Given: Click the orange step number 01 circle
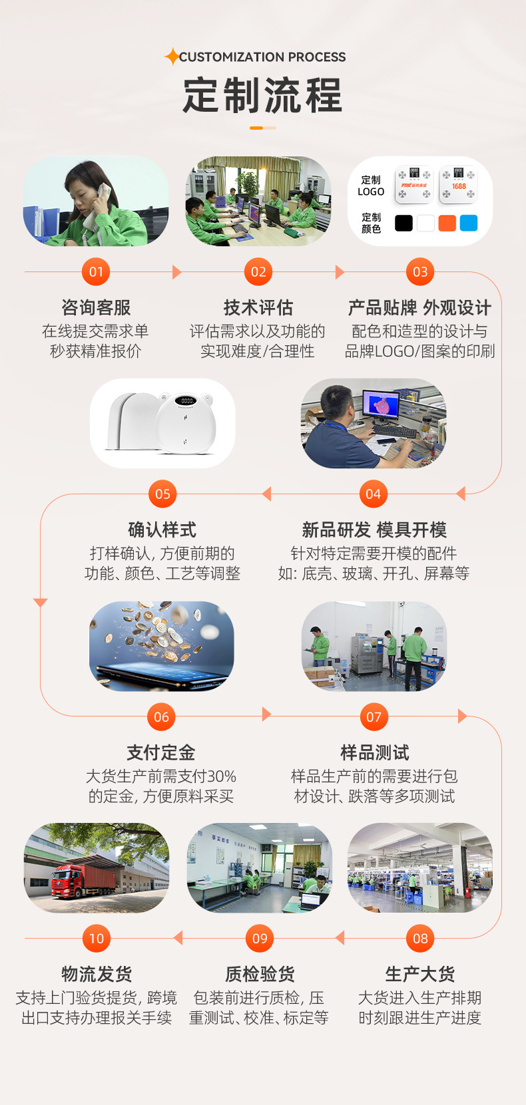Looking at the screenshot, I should (x=97, y=271).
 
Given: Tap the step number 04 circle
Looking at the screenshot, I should (x=374, y=494).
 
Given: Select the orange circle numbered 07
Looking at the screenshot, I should (x=374, y=716).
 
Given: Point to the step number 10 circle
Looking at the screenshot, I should (x=97, y=938).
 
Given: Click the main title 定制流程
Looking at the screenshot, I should (x=262, y=95).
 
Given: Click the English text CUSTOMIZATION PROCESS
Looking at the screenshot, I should (x=262, y=57).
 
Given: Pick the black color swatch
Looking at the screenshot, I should (x=403, y=223).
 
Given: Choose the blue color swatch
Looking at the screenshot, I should (x=469, y=223).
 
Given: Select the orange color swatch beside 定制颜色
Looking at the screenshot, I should (x=447, y=223).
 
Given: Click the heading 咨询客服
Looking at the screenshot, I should (x=96, y=307).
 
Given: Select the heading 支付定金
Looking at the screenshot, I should (x=161, y=752).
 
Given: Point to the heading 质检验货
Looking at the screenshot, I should (x=260, y=974).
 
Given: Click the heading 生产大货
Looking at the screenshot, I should (x=420, y=974).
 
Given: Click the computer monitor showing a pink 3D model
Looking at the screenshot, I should (x=381, y=405).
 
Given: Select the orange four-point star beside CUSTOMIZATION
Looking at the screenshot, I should (x=172, y=57).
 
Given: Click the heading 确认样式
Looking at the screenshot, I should (x=162, y=530).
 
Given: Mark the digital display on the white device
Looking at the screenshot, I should (x=187, y=400).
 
